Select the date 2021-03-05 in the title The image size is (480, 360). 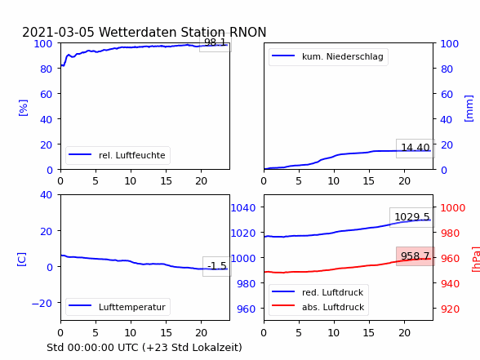point(58,32)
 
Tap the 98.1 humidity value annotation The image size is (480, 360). point(216,42)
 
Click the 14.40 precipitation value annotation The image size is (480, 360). point(416,148)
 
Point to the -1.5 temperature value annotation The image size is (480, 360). point(217,266)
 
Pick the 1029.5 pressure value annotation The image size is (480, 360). point(412,217)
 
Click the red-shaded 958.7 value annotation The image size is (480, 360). point(415,256)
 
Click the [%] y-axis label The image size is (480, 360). point(23,108)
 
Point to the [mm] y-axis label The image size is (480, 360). point(469,109)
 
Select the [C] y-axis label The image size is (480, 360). point(21,260)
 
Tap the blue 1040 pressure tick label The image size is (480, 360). point(243,208)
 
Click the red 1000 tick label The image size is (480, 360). point(453,208)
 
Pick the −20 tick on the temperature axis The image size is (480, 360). point(42,304)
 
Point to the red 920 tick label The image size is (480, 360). point(450,309)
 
